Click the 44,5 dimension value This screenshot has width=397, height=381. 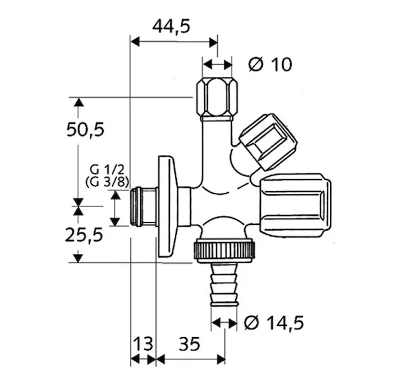coord(171,26)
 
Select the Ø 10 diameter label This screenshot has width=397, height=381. coord(270,64)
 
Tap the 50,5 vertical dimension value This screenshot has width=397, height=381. coord(85,130)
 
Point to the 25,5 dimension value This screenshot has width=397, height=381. coord(84,235)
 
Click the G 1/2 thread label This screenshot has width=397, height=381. coord(108,170)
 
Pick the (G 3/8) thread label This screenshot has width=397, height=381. coord(108,182)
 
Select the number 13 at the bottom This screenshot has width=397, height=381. coord(143,344)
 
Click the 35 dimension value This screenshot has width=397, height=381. coord(190,344)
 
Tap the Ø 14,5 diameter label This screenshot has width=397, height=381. coord(274,323)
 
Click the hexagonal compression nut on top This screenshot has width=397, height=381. coord(217,99)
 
